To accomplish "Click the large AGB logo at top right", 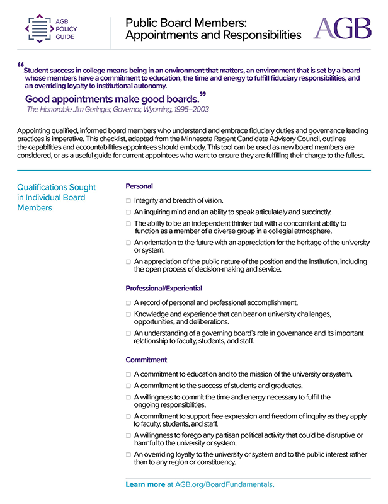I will coord(342,28).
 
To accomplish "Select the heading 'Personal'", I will coord(139,186).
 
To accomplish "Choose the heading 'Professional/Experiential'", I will coord(164,288).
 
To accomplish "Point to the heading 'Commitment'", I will coord(146,360).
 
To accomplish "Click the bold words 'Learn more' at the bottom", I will coord(145,484).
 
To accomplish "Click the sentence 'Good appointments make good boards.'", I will coord(112,99).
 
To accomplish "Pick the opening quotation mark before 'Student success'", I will coord(21,66).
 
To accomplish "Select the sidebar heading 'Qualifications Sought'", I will coord(57,187).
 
